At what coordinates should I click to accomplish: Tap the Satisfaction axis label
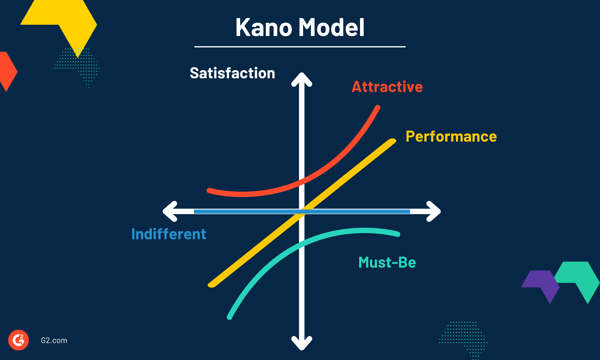[x=232, y=73]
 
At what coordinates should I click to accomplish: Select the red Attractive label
[x=387, y=87]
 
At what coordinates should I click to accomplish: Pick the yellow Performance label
[x=451, y=136]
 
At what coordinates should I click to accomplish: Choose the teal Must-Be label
[x=387, y=263]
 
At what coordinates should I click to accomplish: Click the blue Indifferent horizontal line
[x=240, y=211]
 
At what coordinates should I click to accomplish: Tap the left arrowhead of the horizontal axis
[x=169, y=211]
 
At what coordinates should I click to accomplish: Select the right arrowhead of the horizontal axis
[x=432, y=211]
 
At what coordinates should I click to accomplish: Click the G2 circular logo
[x=18, y=339]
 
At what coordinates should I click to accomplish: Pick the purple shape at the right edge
[x=541, y=284]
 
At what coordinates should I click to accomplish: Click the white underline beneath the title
[x=300, y=46]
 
